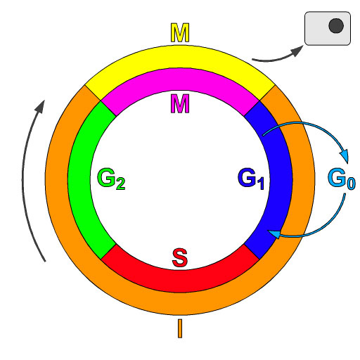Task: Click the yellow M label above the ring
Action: pos(180,32)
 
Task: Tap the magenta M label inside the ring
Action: pos(180,103)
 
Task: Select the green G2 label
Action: pos(111,179)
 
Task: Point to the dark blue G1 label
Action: pos(251,179)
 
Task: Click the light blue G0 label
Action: pos(342,179)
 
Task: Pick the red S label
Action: pos(180,258)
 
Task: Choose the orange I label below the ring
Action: pos(180,328)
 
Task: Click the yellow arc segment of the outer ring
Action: pos(180,57)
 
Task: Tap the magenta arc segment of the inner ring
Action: pos(180,79)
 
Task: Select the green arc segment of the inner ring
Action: pos(79,180)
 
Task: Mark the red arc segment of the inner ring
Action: pos(180,281)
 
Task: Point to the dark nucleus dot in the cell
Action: pos(336,25)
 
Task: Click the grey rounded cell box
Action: pos(328,28)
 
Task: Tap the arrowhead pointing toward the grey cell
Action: pos(297,51)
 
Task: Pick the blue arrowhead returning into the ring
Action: pos(274,233)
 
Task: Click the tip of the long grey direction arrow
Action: pos(44,101)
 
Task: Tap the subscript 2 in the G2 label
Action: pos(121,184)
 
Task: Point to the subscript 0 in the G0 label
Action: pos(352,184)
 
